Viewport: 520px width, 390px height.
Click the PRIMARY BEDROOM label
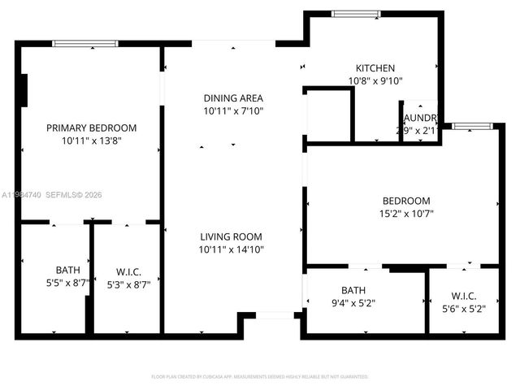[x=91, y=128]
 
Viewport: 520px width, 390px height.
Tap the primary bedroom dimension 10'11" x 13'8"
[x=91, y=141]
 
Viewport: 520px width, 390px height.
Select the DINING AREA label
[x=232, y=97]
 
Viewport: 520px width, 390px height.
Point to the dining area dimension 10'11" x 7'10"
[x=232, y=110]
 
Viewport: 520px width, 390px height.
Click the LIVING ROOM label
[x=232, y=236]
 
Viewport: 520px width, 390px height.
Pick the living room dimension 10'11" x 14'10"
[x=232, y=249]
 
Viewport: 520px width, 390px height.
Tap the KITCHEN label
[x=375, y=68]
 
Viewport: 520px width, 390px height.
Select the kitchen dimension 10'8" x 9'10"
[x=375, y=80]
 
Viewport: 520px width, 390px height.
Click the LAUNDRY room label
[x=419, y=117]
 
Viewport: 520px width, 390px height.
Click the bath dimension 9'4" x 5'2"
[x=353, y=303]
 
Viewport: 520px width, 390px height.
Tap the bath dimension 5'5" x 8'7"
[x=67, y=284]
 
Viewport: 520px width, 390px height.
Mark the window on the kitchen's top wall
[x=356, y=14]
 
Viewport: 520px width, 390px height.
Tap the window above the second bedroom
[x=472, y=126]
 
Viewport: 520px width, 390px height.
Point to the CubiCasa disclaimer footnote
[x=260, y=376]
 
